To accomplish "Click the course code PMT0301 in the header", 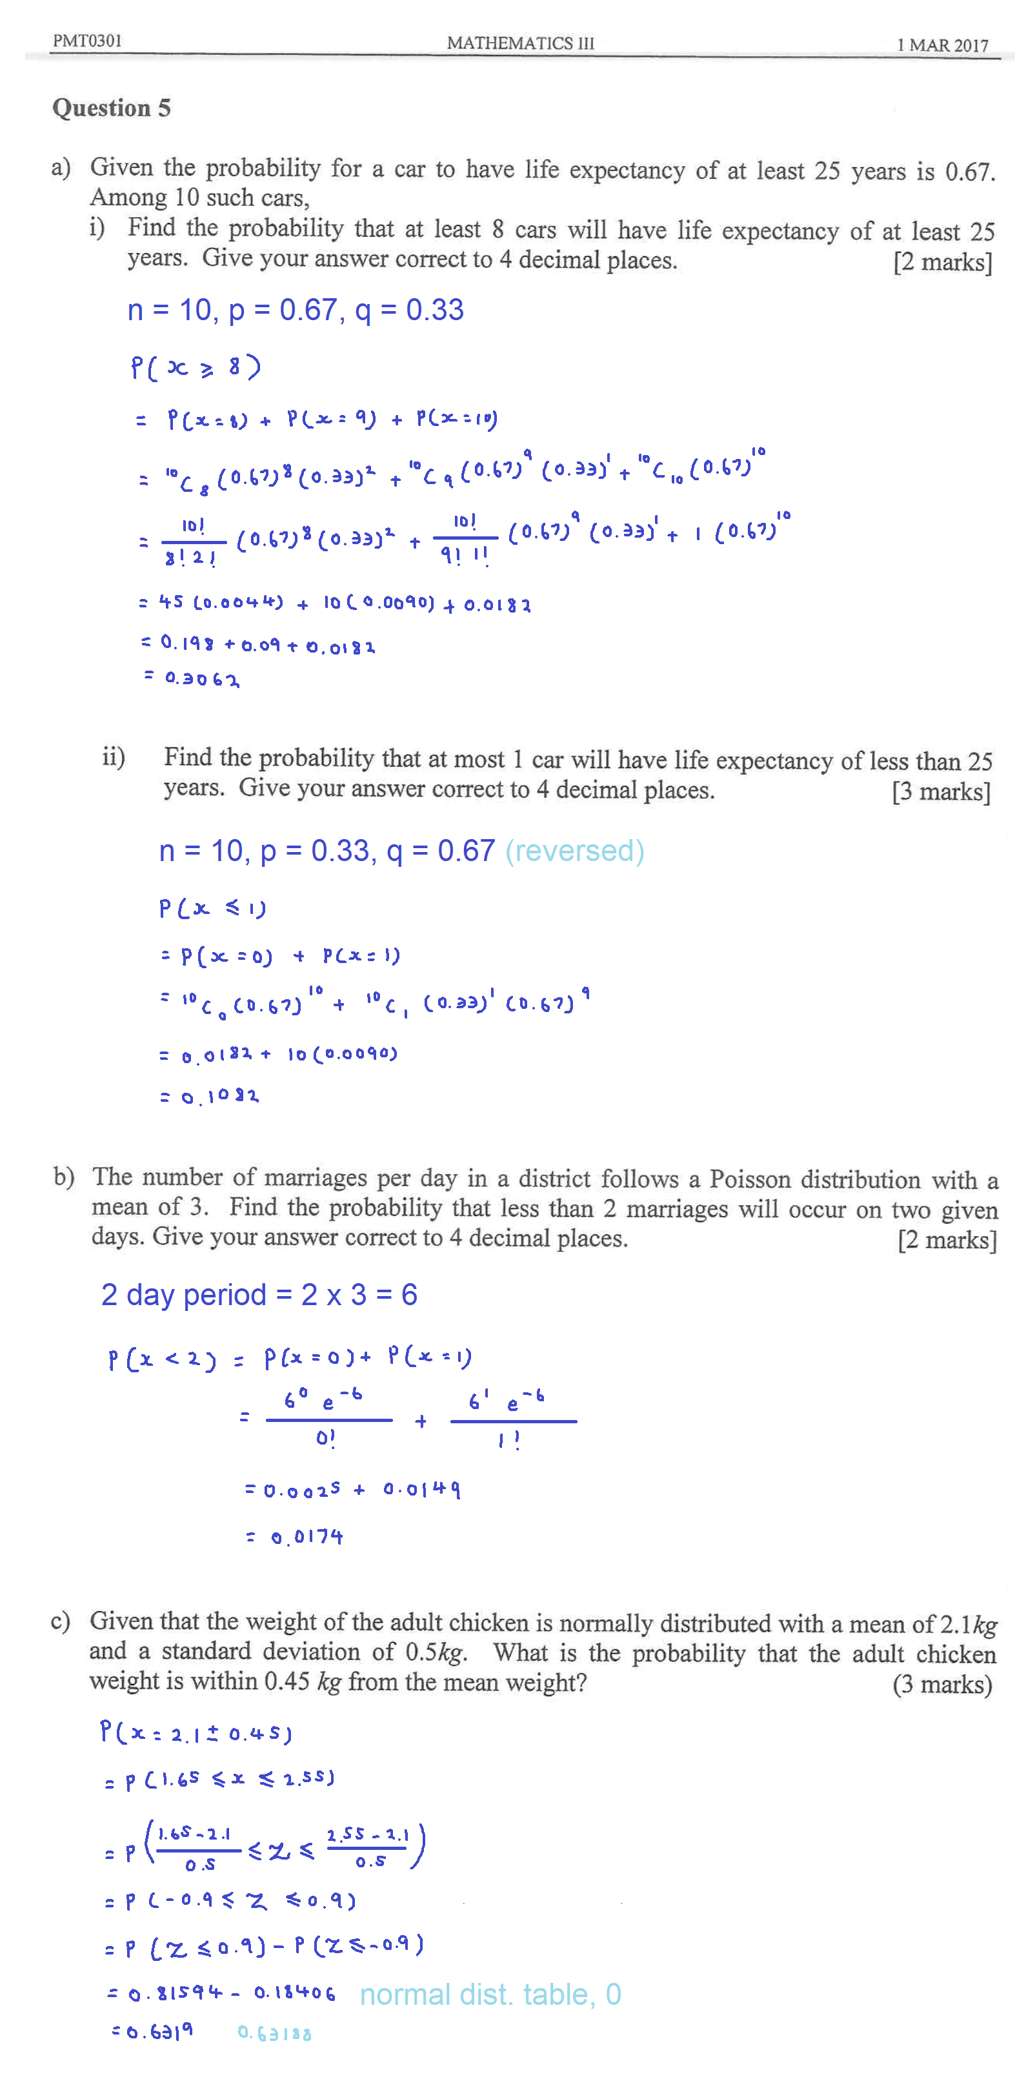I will (x=87, y=41).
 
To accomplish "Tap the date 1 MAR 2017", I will (x=942, y=45).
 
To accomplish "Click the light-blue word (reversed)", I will (x=574, y=851).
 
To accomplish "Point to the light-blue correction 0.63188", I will (x=274, y=2033).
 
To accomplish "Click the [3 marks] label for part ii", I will (x=941, y=792).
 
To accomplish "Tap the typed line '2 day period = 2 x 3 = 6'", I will (x=259, y=1294).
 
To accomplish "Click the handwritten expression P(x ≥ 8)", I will (x=196, y=367).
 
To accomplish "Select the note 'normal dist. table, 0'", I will (x=490, y=1994).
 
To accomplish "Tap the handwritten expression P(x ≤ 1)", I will (x=212, y=909).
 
